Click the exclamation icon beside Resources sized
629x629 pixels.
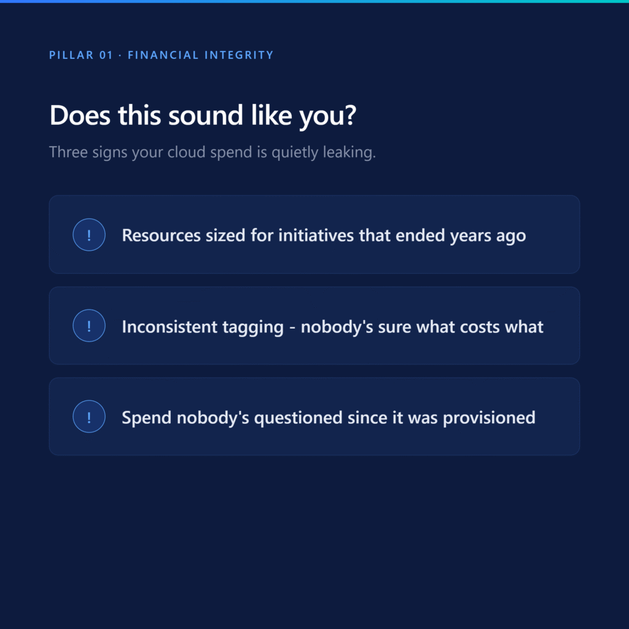89,235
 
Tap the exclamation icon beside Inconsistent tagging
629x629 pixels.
89,326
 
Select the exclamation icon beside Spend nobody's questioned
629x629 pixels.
89,416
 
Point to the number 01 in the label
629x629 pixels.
106,55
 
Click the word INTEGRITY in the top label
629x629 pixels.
239,55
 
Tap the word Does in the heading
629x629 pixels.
80,115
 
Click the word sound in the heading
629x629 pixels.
205,115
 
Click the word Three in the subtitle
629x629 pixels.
68,152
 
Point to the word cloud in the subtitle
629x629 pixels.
186,152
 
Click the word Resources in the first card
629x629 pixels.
162,235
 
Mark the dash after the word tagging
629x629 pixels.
292,327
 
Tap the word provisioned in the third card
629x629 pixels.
489,418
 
